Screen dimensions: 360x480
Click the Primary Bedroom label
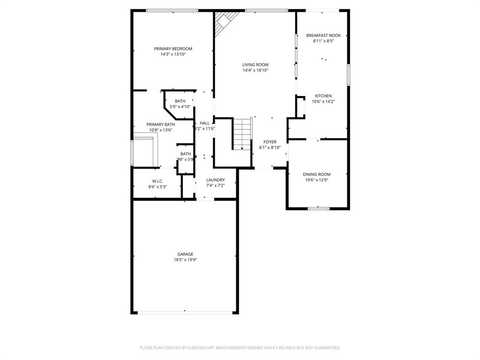pyautogui.click(x=173, y=49)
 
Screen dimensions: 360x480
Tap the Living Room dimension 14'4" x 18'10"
pyautogui.click(x=255, y=70)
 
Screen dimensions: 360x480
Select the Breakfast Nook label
pyautogui.click(x=323, y=36)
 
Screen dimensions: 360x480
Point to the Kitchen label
pyautogui.click(x=323, y=96)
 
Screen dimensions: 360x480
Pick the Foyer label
pyautogui.click(x=270, y=142)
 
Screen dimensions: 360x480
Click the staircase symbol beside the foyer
pyautogui.click(x=242, y=134)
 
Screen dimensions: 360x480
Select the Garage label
pyautogui.click(x=185, y=254)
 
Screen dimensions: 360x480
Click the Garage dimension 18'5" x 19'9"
pyautogui.click(x=185, y=260)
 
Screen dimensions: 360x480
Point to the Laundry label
pyautogui.click(x=215, y=180)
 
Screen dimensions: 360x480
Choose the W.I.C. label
pyautogui.click(x=157, y=181)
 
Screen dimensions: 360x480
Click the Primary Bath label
pyautogui.click(x=160, y=125)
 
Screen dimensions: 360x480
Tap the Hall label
pyautogui.click(x=205, y=123)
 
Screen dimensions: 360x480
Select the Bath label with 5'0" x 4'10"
pyautogui.click(x=180, y=101)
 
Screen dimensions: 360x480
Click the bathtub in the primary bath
pyautogui.click(x=145, y=151)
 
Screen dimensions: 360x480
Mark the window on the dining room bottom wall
pyautogui.click(x=319, y=208)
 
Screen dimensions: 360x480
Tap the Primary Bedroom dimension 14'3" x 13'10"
pyautogui.click(x=173, y=54)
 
